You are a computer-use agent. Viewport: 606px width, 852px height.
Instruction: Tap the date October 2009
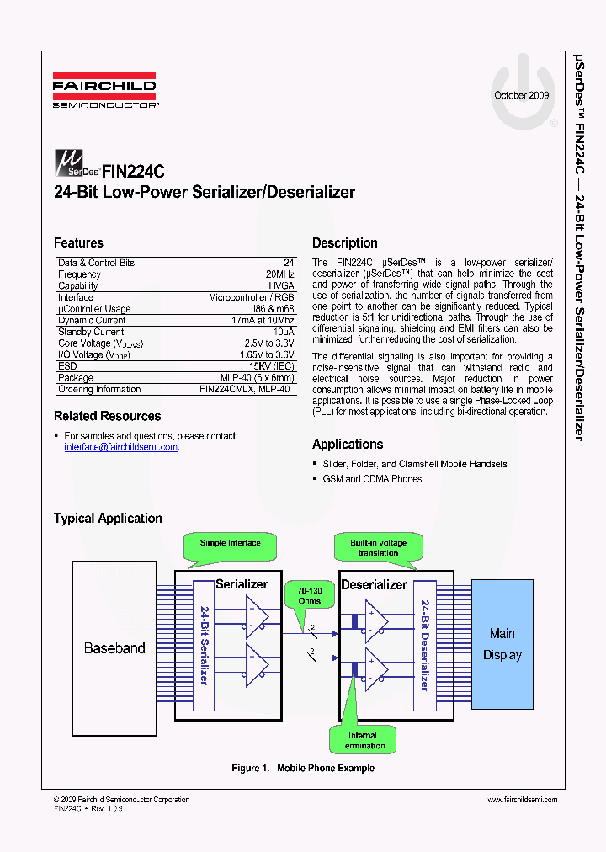[x=521, y=95]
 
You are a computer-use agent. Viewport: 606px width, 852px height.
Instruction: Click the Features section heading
[x=78, y=242]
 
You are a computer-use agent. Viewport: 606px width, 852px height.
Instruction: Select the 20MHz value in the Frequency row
[x=279, y=274]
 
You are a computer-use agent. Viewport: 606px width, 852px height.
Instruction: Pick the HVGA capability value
[x=281, y=286]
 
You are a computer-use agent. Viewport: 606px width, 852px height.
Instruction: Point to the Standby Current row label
[x=91, y=332]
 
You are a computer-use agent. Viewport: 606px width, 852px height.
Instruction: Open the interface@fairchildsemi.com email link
[x=121, y=447]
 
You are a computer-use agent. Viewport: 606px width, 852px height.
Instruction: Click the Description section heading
[x=344, y=242]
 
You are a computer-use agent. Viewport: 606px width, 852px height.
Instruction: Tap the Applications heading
[x=347, y=444]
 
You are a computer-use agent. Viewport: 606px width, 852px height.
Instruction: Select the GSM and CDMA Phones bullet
[x=372, y=478]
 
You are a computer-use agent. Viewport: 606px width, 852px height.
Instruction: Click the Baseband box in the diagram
[x=114, y=648]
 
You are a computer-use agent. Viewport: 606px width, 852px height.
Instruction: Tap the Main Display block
[x=502, y=644]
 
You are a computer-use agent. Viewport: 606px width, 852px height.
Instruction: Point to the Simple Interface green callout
[x=230, y=543]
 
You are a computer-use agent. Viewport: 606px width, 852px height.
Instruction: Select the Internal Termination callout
[x=363, y=740]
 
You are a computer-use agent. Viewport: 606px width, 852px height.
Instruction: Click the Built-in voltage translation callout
[x=378, y=547]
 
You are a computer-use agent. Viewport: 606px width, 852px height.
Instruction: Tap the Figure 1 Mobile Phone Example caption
[x=303, y=768]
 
